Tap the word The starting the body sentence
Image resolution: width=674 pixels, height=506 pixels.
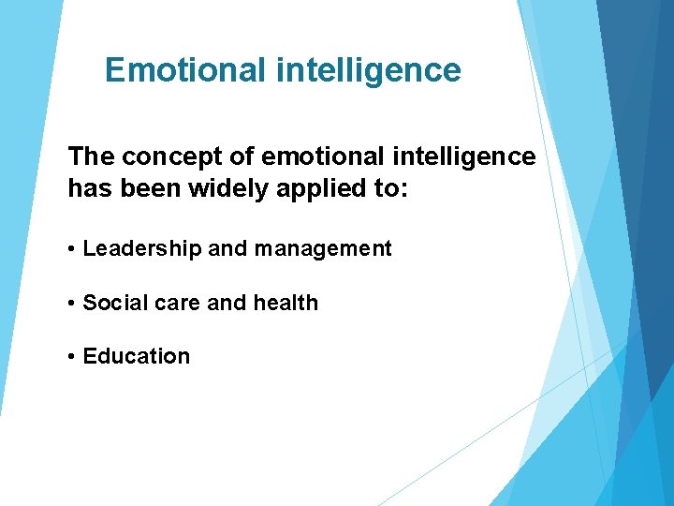click(90, 156)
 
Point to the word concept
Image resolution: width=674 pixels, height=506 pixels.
click(165, 156)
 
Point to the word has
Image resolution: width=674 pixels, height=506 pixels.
click(90, 188)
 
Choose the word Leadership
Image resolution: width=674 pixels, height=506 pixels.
click(141, 249)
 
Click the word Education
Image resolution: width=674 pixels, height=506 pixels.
click(137, 356)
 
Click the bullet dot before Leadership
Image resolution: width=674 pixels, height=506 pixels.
click(72, 250)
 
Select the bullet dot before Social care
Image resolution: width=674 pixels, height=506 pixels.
click(72, 304)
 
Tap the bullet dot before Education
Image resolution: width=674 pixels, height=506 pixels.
click(72, 357)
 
